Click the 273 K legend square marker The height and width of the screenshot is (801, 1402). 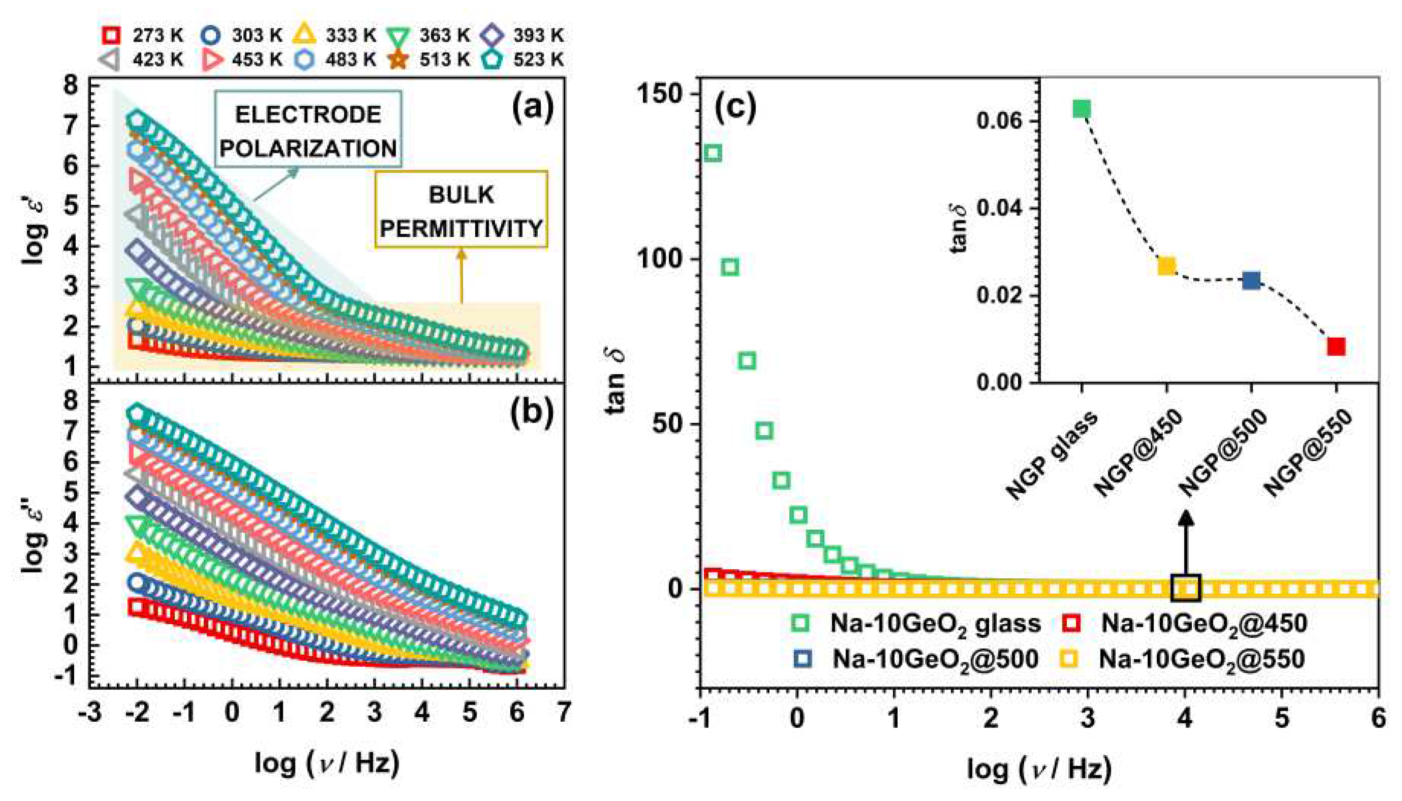(x=112, y=36)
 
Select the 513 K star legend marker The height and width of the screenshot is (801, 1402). (x=399, y=59)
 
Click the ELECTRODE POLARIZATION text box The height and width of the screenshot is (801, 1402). (x=308, y=131)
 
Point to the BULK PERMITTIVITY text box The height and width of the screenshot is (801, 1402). (x=461, y=211)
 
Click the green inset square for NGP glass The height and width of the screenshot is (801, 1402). (x=1082, y=109)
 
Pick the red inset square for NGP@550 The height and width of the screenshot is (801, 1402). (x=1336, y=346)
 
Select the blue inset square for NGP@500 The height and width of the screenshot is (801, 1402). (x=1251, y=280)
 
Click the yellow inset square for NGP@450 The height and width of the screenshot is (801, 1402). (x=1167, y=266)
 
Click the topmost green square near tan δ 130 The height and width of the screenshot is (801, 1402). (x=713, y=153)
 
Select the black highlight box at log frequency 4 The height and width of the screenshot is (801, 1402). (x=1185, y=588)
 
